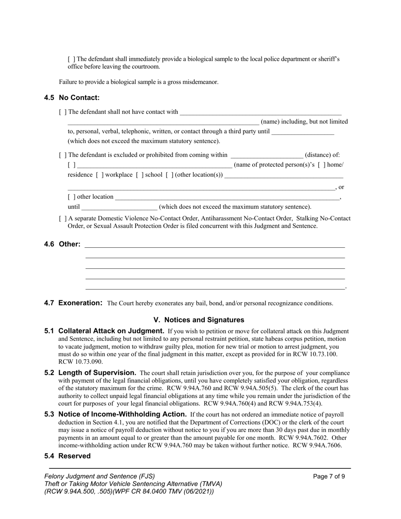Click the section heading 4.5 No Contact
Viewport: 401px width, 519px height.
72,98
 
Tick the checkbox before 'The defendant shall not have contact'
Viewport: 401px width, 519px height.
62,112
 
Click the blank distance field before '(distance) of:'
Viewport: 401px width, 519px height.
266,155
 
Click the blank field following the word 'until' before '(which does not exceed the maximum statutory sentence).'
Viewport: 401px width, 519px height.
119,207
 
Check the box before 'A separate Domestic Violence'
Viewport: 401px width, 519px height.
62,219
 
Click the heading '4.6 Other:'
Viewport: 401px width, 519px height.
62,244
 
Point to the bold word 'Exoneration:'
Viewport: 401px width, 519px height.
80,303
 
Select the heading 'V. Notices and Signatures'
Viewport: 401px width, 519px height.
198,320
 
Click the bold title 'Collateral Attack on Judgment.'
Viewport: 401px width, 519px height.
111,331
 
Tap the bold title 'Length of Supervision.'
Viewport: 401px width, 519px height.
97,373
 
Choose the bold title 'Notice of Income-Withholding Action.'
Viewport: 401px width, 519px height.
122,414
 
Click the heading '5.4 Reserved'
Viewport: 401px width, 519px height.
68,456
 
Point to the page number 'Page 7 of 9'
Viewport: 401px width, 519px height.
329,476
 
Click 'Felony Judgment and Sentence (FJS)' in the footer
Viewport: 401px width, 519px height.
100,476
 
